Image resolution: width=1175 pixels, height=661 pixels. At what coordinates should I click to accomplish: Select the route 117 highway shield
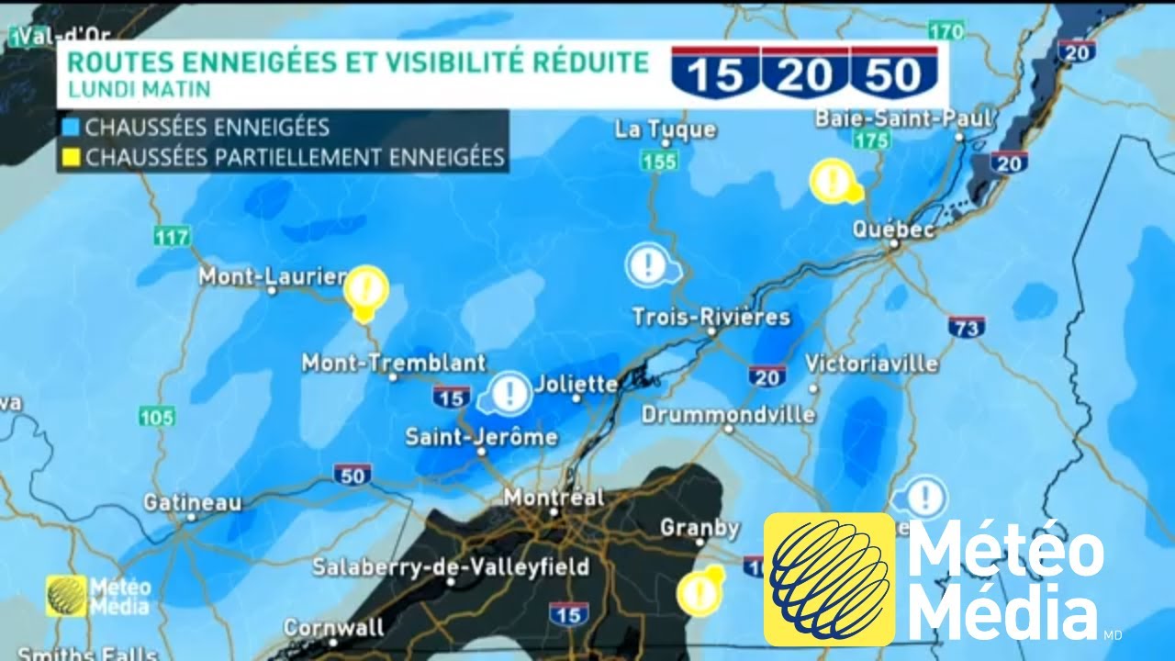pos(172,237)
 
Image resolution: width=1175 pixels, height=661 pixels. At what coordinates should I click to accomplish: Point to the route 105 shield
pos(156,418)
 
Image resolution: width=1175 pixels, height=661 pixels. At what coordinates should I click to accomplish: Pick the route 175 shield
pos(869,140)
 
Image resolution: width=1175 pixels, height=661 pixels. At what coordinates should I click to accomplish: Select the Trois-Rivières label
pos(711,318)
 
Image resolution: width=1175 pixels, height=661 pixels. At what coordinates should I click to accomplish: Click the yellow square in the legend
pos(71,157)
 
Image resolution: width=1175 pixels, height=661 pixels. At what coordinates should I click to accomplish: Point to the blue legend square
pos(71,127)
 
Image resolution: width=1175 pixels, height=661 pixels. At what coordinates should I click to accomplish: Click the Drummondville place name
pos(728,415)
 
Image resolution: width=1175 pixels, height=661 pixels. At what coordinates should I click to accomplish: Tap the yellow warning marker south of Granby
pos(698,592)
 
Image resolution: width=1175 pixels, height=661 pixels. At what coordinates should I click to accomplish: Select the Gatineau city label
pos(192,503)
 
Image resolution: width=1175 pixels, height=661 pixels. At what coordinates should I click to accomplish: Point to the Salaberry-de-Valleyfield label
pos(450,567)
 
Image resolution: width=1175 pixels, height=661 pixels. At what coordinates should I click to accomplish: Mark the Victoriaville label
pos(871,364)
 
